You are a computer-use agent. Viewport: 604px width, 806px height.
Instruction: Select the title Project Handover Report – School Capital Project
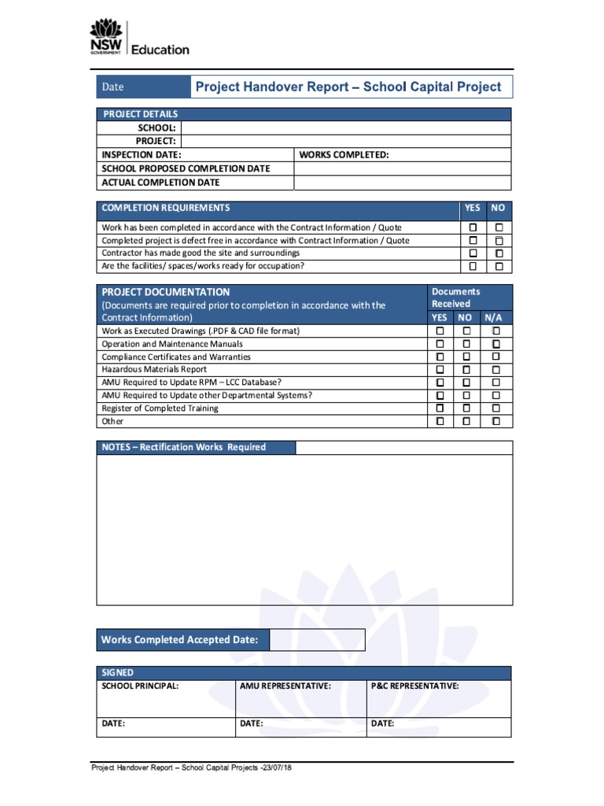(x=348, y=87)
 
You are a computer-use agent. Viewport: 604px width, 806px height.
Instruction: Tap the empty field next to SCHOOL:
(x=345, y=128)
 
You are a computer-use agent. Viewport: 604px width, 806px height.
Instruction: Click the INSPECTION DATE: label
(x=142, y=155)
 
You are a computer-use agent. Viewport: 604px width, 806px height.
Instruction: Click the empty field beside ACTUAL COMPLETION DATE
(x=402, y=183)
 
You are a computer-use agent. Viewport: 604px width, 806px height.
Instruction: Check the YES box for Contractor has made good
(x=473, y=253)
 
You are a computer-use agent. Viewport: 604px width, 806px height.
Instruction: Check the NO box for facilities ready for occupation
(x=499, y=266)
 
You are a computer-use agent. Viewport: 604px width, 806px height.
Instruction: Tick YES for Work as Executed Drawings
(x=440, y=331)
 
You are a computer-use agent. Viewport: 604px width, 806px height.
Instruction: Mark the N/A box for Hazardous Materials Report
(x=495, y=369)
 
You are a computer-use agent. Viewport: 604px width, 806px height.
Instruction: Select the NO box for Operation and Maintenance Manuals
(x=466, y=344)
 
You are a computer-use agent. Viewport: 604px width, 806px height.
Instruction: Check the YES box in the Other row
(x=440, y=421)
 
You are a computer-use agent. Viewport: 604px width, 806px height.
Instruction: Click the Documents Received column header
(x=455, y=298)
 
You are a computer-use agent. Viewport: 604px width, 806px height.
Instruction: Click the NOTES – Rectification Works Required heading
(x=184, y=447)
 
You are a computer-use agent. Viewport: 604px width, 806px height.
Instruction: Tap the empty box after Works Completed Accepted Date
(x=317, y=640)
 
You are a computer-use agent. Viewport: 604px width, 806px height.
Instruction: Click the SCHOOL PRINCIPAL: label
(x=140, y=686)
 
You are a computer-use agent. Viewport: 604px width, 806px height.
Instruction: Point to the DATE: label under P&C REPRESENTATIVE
(x=383, y=723)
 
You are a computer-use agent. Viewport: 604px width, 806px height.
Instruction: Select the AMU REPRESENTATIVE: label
(x=285, y=686)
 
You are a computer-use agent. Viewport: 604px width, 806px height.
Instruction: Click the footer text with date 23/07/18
(x=192, y=768)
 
